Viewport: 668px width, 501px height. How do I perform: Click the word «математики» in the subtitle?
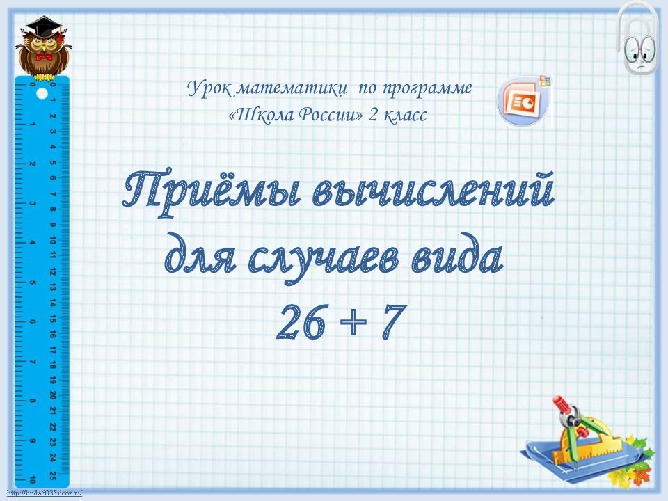click(292, 88)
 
